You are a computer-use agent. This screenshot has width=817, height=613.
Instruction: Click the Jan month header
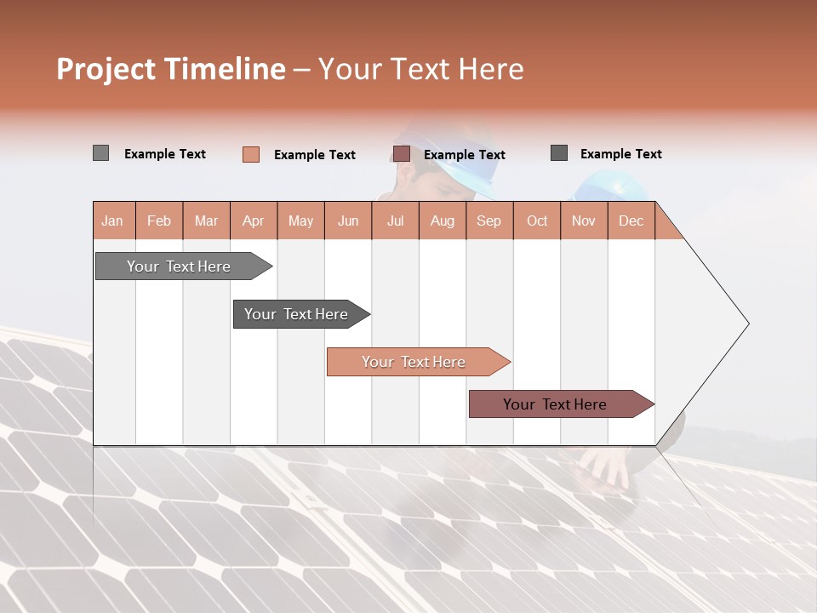112,221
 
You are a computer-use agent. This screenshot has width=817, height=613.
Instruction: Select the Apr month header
253,221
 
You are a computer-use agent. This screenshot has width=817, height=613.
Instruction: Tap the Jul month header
395,221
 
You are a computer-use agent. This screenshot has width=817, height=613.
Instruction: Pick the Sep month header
488,221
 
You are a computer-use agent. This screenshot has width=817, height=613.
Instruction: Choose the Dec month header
631,221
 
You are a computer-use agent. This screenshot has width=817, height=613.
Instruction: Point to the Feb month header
159,221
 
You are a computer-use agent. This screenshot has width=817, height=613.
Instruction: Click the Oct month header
537,221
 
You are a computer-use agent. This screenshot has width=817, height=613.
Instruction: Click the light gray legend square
100,153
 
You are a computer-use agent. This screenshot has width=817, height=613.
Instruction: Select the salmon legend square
250,154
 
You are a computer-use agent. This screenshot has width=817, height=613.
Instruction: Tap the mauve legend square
401,154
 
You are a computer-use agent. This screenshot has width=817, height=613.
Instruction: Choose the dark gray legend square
558,153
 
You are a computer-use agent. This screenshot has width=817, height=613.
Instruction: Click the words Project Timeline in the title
171,69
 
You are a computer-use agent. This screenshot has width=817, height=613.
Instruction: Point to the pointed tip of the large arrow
746,324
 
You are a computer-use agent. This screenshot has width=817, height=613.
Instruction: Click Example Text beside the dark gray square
620,153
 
